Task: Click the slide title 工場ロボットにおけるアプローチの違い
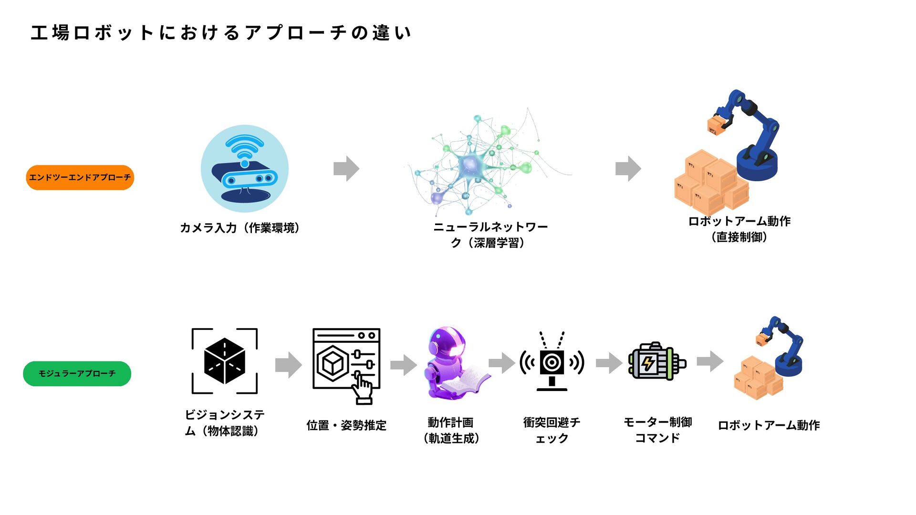point(220,33)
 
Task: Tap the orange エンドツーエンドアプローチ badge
point(80,177)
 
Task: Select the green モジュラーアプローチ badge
point(77,373)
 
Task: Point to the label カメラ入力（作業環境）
point(239,228)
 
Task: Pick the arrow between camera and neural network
point(346,168)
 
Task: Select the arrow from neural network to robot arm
point(628,168)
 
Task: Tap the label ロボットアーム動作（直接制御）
point(739,229)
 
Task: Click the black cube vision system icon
point(224,361)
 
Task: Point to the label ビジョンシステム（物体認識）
point(224,422)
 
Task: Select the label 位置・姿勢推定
point(346,425)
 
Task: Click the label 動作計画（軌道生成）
point(451,430)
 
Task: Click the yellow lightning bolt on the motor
point(648,363)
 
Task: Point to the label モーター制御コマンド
point(657,430)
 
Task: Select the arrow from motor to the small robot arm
point(710,361)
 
